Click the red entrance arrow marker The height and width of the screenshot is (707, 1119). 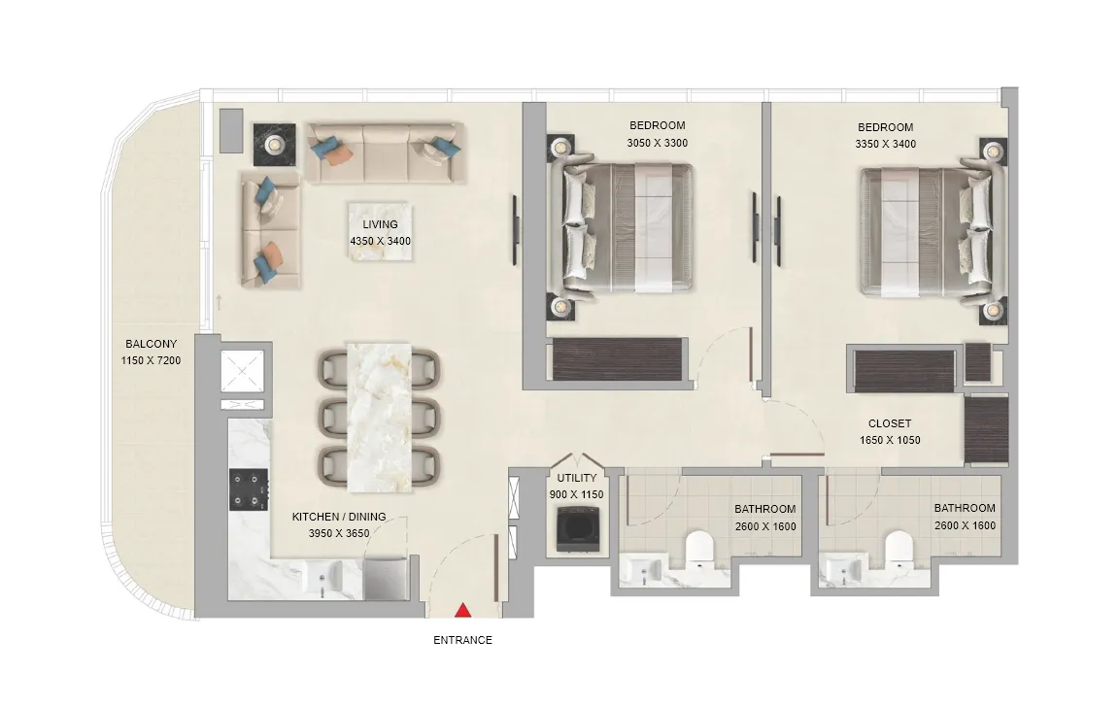463,610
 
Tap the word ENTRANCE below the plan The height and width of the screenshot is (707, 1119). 462,640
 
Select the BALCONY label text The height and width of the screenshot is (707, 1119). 151,344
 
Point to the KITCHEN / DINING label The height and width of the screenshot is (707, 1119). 339,518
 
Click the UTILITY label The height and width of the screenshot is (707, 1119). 577,479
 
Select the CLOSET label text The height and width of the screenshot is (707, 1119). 890,423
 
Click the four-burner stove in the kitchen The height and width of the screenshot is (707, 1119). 248,488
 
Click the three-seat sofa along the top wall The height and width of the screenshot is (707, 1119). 382,151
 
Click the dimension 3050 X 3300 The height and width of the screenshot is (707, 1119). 657,144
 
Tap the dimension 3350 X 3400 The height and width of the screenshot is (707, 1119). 885,144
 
